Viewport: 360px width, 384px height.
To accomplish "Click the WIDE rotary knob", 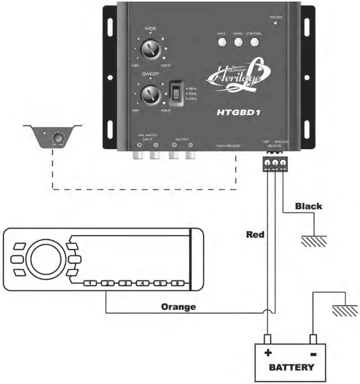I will point(150,50).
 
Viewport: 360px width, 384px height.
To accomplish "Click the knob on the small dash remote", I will point(59,137).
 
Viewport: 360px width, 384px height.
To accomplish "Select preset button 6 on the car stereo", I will point(177,283).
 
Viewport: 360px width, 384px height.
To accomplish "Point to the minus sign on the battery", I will point(312,354).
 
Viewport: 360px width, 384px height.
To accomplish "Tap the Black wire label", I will point(308,206).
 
